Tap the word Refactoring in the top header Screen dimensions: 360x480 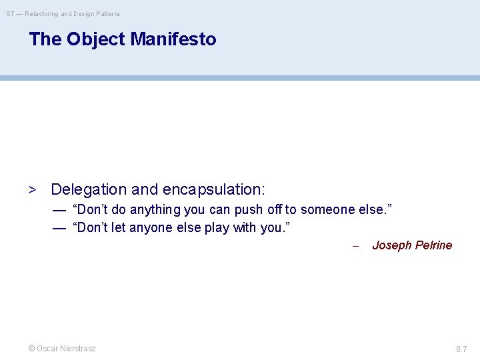(42, 13)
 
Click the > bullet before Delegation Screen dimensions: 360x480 (31, 190)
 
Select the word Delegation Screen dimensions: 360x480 (90, 190)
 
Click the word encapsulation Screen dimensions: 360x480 (213, 190)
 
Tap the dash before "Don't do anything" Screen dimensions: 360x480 (59, 210)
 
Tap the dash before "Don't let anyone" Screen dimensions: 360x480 (59, 228)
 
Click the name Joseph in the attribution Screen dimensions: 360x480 (391, 245)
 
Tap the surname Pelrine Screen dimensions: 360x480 (433, 245)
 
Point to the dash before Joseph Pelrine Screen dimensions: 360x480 (355, 246)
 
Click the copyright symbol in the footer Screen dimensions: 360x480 (31, 349)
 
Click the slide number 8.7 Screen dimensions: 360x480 (461, 349)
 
